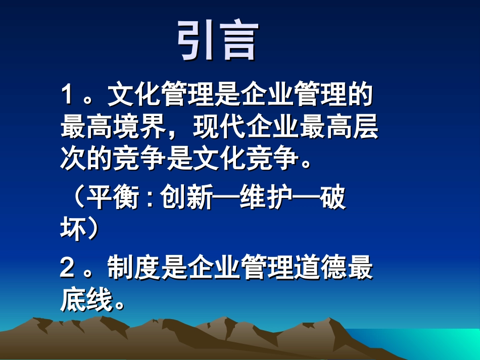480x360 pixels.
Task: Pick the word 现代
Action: tap(219, 129)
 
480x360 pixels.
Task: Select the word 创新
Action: tap(187, 198)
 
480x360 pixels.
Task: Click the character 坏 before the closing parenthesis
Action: tap(72, 230)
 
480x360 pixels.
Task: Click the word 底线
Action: tap(86, 300)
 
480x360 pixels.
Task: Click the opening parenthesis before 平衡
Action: tap(76, 198)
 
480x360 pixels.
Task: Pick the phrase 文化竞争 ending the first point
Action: tap(246, 161)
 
